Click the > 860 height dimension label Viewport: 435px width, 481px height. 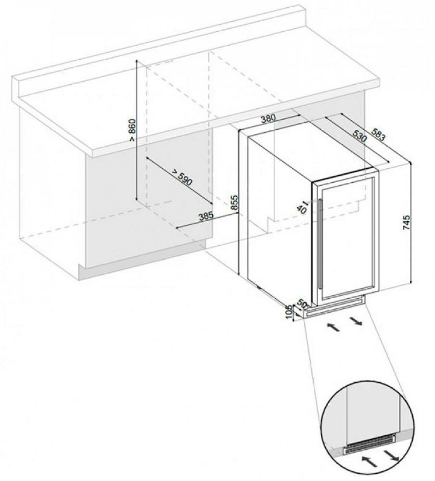[131, 129]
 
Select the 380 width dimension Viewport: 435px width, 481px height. [269, 118]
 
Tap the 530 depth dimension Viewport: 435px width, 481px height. [359, 135]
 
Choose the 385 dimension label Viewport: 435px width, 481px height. [205, 216]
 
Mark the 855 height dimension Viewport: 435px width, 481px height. [234, 203]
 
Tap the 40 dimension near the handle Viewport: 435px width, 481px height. [302, 208]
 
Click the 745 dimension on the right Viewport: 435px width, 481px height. [406, 223]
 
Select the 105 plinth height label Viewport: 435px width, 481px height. [288, 312]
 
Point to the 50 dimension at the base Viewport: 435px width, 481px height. [303, 304]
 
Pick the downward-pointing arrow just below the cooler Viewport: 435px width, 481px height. [356, 321]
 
